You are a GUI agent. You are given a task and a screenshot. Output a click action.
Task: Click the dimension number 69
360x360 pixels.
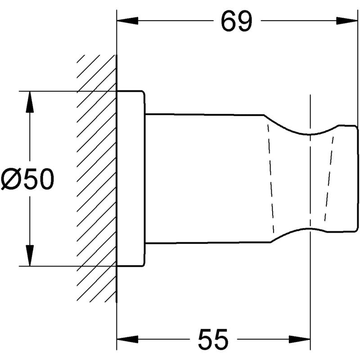click(x=237, y=21)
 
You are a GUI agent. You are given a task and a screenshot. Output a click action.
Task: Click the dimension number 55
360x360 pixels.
click(x=213, y=339)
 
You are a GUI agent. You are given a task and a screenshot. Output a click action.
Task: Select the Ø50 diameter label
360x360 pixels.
click(x=27, y=179)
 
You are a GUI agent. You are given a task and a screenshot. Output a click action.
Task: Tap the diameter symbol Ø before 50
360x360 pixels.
click(x=11, y=179)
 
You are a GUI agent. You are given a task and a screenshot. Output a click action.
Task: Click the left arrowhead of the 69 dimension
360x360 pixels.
click(x=127, y=21)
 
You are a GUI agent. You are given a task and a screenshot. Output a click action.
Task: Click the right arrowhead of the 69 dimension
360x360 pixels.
click(x=347, y=21)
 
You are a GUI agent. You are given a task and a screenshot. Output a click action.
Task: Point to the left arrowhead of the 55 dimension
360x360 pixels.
click(x=127, y=339)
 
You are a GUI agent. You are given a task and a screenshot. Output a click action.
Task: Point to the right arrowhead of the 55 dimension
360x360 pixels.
click(x=299, y=339)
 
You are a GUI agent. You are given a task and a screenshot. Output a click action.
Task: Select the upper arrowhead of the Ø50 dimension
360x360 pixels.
click(x=30, y=102)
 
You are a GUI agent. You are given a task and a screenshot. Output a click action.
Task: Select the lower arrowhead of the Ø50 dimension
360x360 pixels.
click(x=30, y=256)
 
